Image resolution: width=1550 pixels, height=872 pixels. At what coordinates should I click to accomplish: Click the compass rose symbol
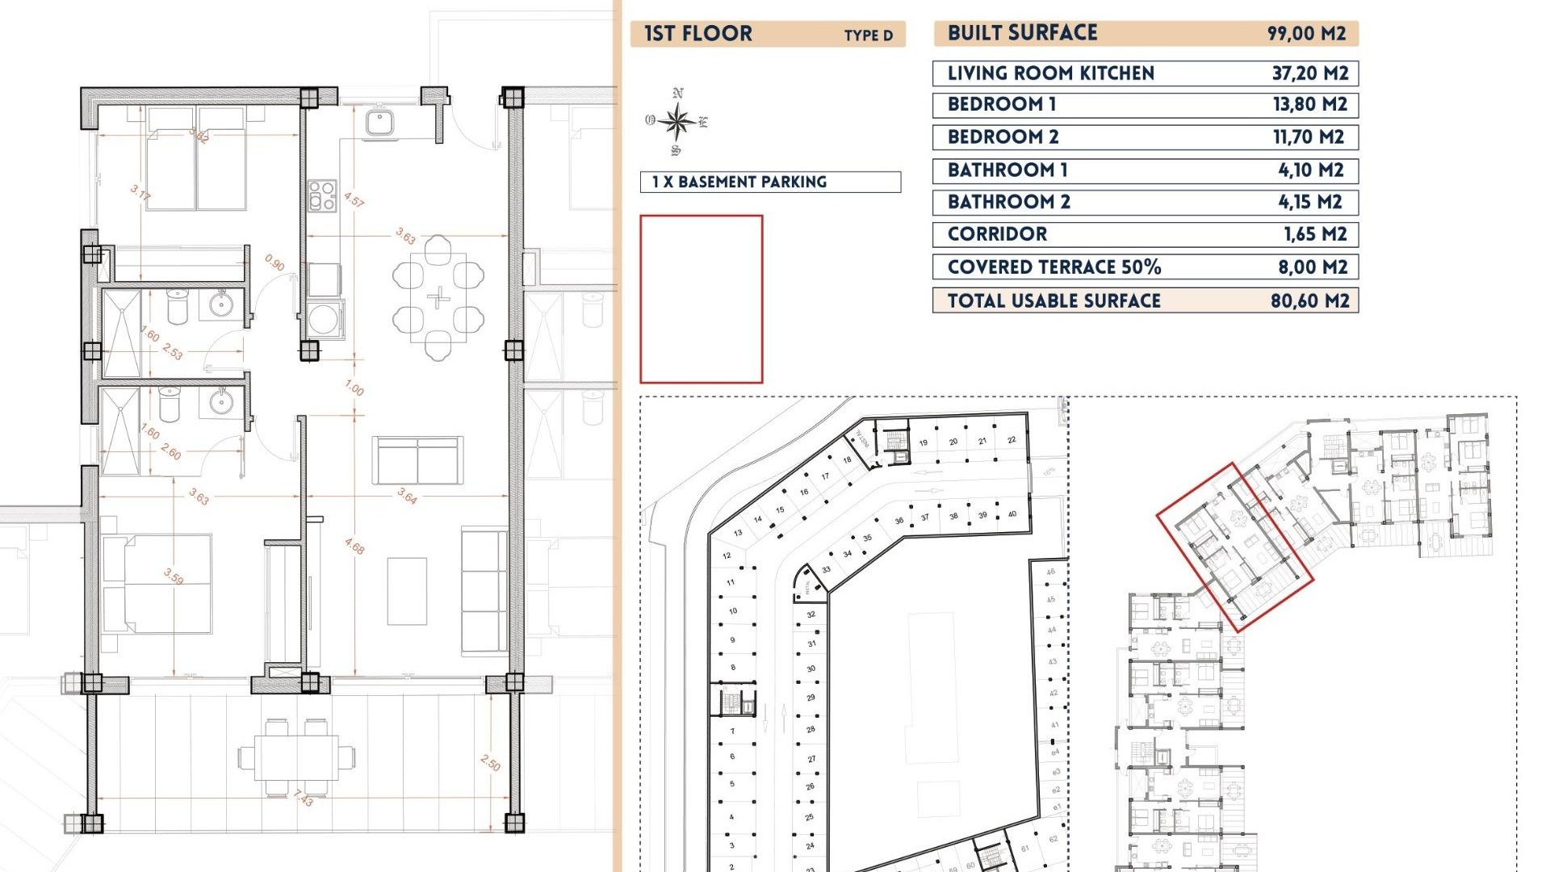(x=677, y=122)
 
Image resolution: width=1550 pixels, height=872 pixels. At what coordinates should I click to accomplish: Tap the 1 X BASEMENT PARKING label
(x=739, y=182)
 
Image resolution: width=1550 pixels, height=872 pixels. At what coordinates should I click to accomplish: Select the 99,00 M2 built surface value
(x=1306, y=33)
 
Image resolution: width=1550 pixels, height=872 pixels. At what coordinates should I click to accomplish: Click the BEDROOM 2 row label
(x=1003, y=137)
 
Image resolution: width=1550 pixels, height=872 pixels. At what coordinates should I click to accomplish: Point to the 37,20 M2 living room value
(x=1309, y=73)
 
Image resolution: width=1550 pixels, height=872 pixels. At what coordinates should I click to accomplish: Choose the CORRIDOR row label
(x=997, y=234)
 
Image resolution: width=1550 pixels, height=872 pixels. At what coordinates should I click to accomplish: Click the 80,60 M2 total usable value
(x=1309, y=301)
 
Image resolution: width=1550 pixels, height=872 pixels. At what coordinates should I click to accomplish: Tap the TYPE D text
(x=868, y=36)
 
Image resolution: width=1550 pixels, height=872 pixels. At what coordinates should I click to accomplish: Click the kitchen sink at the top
(x=379, y=123)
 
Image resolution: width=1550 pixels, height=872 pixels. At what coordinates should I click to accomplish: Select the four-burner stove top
(x=321, y=196)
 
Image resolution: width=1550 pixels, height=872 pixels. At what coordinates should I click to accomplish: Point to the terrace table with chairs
(x=296, y=757)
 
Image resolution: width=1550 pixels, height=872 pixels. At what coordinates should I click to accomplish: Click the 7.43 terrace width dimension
(x=304, y=799)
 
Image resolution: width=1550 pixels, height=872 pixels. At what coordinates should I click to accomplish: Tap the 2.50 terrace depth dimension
(x=490, y=763)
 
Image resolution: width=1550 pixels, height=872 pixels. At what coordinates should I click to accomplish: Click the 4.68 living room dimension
(x=354, y=547)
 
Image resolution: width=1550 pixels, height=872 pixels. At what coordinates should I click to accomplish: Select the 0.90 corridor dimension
(x=274, y=263)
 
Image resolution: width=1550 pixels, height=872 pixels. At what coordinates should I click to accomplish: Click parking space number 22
(x=1012, y=440)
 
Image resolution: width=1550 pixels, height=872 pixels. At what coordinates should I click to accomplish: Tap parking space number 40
(x=1012, y=514)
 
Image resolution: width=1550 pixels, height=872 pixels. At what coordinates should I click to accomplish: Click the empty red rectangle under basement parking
(x=701, y=299)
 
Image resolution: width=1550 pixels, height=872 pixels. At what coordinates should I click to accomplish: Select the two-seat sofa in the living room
(x=417, y=460)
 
